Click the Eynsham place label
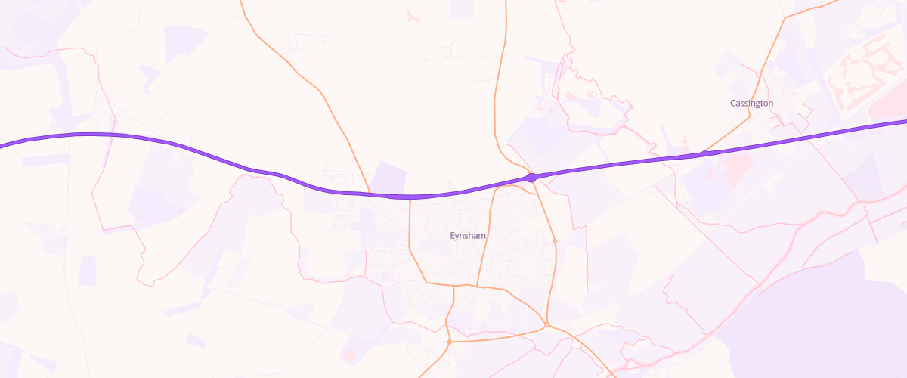[468, 236]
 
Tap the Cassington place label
[751, 103]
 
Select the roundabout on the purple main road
[532, 178]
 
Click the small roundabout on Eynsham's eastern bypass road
[555, 241]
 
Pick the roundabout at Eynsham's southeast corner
[546, 326]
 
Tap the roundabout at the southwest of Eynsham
[449, 342]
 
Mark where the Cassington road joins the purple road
[704, 153]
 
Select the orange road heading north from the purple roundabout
[497, 91]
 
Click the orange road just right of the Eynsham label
[484, 242]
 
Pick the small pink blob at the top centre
[413, 15]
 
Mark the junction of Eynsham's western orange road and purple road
[409, 197]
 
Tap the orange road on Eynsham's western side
[410, 242]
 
